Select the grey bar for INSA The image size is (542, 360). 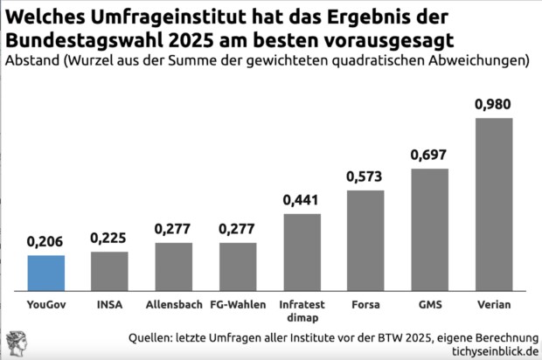[x=109, y=273]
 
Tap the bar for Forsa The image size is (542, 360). [x=365, y=241]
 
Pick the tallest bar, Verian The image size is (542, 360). [x=494, y=205]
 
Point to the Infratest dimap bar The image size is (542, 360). [x=302, y=253]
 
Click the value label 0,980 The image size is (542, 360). [x=494, y=104]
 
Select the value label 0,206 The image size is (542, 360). [x=45, y=240]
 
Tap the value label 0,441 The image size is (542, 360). [x=302, y=200]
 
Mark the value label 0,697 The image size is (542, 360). [x=430, y=155]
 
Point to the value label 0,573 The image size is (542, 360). [x=365, y=177]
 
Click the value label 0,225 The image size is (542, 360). [x=109, y=238]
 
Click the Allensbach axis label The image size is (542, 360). [x=173, y=305]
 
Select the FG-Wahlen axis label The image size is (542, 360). [x=238, y=305]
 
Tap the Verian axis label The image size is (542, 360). [x=494, y=305]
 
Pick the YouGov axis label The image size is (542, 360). [x=45, y=305]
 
